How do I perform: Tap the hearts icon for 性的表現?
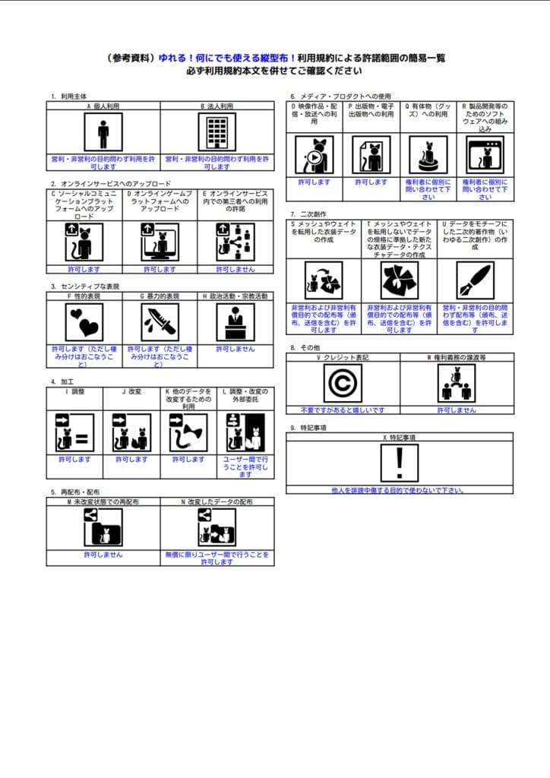(84, 321)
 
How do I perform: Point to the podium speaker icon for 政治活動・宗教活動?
(235, 321)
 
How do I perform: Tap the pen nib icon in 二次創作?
(475, 280)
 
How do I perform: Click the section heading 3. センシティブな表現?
(85, 286)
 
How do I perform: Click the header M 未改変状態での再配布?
(103, 502)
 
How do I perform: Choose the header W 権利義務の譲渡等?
(457, 356)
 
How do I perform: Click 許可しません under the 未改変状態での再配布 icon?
(103, 555)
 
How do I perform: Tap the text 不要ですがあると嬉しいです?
(343, 410)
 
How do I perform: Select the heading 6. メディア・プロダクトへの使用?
(340, 96)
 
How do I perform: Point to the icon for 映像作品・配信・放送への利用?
(314, 156)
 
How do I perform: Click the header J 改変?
(131, 391)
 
